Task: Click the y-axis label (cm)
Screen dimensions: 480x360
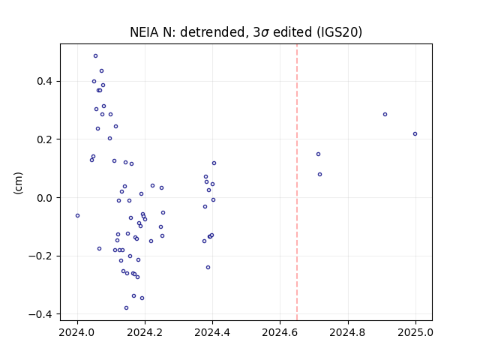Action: (18, 183)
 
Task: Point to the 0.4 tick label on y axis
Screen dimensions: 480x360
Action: (44, 82)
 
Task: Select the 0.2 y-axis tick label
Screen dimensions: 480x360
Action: (44, 139)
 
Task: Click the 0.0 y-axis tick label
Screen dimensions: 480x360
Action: (44, 198)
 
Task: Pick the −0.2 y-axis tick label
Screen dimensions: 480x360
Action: (40, 256)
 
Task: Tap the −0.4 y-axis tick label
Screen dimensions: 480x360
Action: (40, 314)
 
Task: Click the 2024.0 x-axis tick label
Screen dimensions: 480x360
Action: (76, 332)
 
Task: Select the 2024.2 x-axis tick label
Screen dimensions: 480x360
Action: (145, 332)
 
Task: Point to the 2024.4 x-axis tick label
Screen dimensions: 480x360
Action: (212, 332)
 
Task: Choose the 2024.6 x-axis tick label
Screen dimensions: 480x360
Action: (280, 332)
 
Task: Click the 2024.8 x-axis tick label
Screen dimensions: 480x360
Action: (348, 332)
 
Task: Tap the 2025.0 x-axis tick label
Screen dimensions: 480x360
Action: (415, 332)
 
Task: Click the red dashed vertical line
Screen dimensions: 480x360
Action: (297, 182)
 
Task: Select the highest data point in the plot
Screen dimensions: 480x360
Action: (95, 56)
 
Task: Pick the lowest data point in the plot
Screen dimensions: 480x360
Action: (126, 308)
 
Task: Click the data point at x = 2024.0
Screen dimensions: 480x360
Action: (77, 216)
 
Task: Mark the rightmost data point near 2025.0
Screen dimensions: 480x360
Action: (415, 134)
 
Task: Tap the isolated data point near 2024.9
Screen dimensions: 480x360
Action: (385, 115)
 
